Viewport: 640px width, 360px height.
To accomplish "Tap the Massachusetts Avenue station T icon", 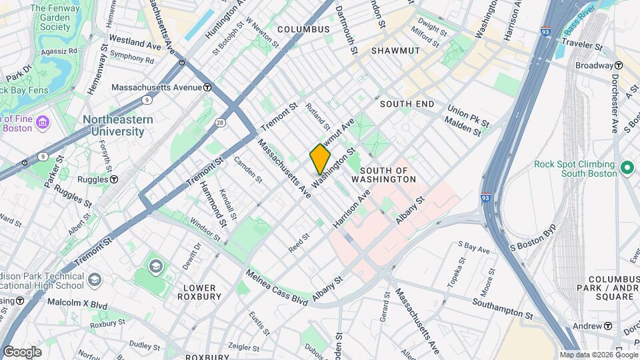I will click(x=207, y=87).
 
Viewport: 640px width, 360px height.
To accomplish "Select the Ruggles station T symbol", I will click(x=114, y=179).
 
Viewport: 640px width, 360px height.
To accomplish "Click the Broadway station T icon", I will click(x=619, y=65).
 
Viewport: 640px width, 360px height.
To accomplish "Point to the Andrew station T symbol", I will click(x=608, y=326).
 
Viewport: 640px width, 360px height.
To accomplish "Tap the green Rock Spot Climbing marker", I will click(x=626, y=167).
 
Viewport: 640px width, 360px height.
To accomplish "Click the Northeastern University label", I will click(x=118, y=125).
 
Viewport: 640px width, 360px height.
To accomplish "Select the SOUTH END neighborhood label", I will click(x=407, y=104).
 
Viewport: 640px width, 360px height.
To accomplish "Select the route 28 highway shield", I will click(x=220, y=122).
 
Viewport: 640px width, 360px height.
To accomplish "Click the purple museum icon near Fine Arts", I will click(x=43, y=122).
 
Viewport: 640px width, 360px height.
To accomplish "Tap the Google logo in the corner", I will click(x=21, y=351).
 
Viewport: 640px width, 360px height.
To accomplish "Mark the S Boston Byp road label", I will click(x=533, y=245).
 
